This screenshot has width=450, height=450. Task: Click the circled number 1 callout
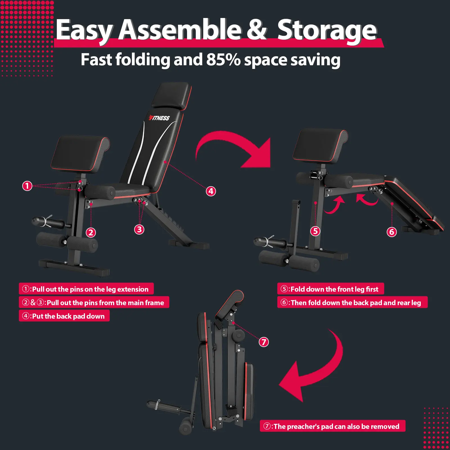pos(27,186)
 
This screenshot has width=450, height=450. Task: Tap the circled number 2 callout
pos(91,233)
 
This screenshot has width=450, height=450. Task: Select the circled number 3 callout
pos(139,229)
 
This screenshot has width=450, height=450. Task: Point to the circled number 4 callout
pos(211,191)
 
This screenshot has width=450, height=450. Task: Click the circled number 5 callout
pos(316,231)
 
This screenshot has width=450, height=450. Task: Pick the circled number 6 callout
pos(392,232)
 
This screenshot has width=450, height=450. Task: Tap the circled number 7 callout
pos(264,342)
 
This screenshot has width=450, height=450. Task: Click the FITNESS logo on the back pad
pos(159,118)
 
